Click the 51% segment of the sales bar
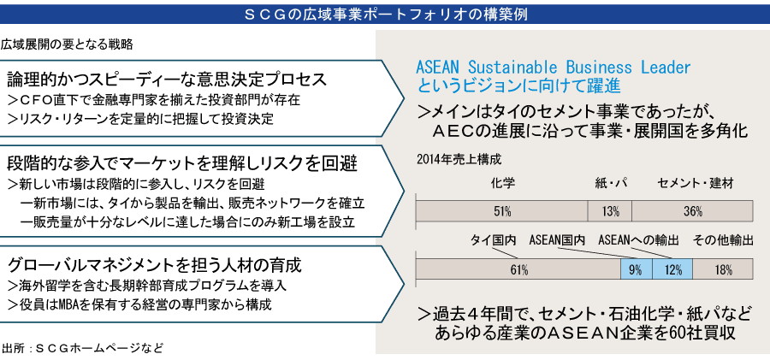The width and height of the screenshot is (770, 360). pos(502,211)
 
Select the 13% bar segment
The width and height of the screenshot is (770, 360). pos(610,211)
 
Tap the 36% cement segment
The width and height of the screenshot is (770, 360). pos(692,211)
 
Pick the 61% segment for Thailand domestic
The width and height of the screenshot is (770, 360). pos(518,269)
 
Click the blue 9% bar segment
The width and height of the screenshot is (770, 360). pos(637,269)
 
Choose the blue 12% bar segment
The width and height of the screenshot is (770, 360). pos(672,269)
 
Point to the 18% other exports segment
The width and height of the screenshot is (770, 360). pos(723,269)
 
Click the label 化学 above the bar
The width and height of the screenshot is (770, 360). pos(503,184)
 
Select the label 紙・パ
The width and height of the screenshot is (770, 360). pos(610,184)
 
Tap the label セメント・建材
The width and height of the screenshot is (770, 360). pos(696,184)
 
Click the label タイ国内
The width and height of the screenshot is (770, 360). pos(493,240)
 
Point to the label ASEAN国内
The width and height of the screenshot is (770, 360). pos(557,240)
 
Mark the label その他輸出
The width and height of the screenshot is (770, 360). pos(723,240)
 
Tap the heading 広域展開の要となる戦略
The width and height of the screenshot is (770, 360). pos(67,44)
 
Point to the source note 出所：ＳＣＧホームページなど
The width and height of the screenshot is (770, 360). pos(82,348)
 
